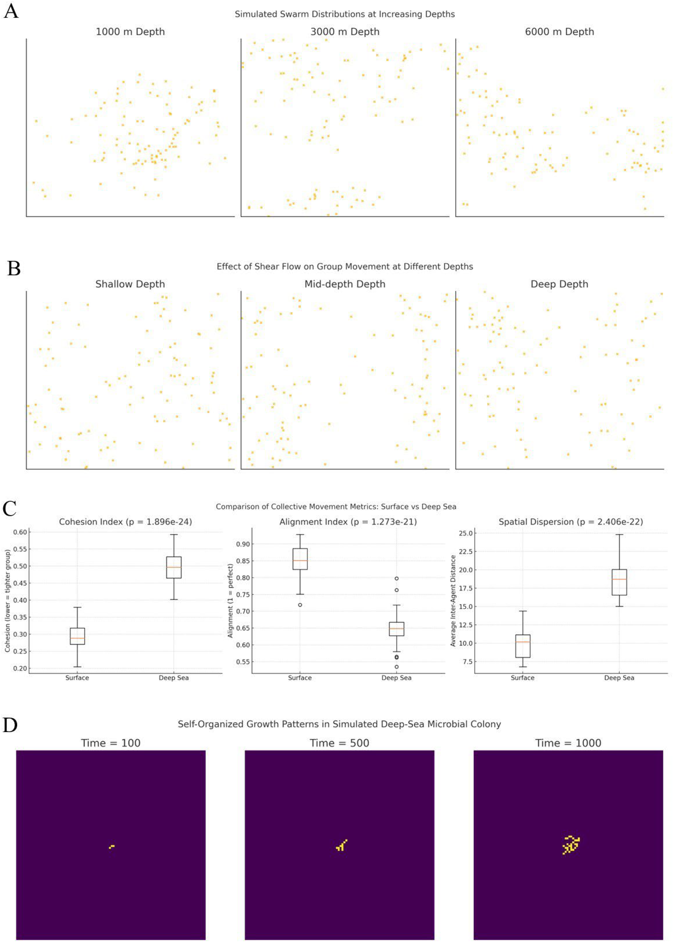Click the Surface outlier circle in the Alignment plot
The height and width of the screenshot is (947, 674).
pos(300,605)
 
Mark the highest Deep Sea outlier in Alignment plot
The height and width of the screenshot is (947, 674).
pos(396,578)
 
